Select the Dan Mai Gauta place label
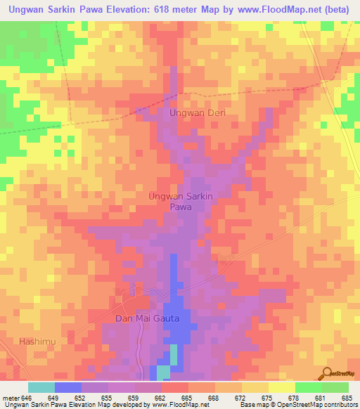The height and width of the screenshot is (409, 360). click(147, 318)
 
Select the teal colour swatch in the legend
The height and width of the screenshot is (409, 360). click(41, 387)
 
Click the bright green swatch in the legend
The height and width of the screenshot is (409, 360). click(309, 387)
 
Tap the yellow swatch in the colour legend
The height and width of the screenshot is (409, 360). click(282, 387)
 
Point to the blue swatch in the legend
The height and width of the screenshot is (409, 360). click(68, 387)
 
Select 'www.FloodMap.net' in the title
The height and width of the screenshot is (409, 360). click(275, 10)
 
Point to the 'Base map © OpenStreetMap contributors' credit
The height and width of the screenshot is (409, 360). click(297, 405)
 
